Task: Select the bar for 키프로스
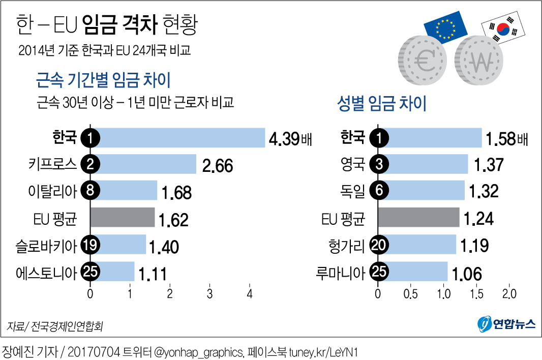143,164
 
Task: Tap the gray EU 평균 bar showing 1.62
123,217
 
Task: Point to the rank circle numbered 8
91,191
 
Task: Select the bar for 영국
423,164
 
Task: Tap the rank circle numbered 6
378,191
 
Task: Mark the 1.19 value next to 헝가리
474,246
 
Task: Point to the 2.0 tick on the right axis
509,294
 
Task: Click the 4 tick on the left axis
250,294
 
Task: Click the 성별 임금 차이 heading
382,104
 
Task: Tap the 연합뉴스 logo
506,323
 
